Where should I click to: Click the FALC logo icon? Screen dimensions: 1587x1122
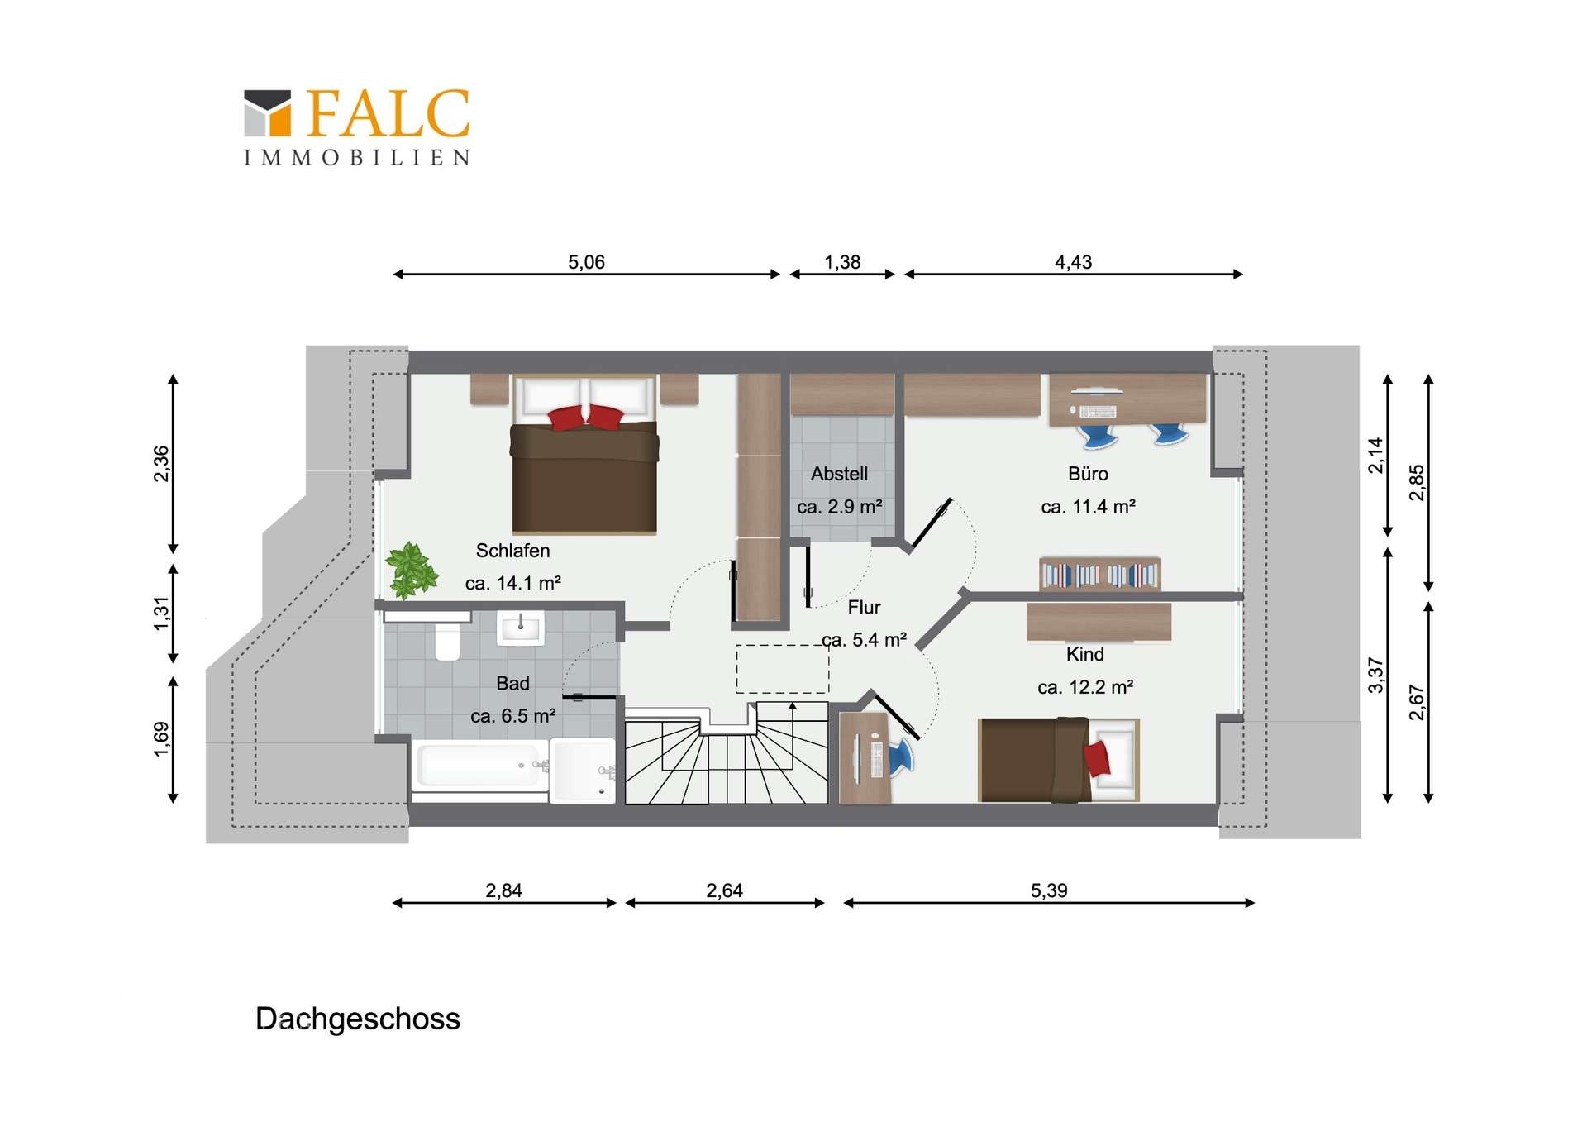coord(268,112)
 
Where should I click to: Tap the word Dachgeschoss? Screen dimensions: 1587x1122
coord(358,1019)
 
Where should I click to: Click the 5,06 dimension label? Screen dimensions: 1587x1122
coord(586,262)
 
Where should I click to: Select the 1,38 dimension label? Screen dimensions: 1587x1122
coord(842,262)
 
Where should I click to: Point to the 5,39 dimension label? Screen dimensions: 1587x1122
coord(1049,890)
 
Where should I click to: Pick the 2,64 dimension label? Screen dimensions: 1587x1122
coord(724,890)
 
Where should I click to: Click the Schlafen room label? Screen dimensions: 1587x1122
coord(512,551)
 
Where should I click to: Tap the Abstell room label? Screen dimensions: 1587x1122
coord(839,474)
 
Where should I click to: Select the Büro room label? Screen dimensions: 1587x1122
coord(1088,474)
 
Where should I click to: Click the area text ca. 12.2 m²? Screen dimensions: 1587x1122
coord(1085,687)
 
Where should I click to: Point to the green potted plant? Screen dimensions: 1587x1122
coord(412,570)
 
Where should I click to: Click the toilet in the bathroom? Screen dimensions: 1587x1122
coord(447,642)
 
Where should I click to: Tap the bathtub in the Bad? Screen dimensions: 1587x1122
coord(479,766)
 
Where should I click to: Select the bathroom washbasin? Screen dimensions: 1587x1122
coord(521,628)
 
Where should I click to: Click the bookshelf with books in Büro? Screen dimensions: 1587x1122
coord(1099,574)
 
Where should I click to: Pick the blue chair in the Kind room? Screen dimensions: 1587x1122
coord(901,757)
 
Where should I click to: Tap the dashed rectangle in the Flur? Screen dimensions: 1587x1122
coord(783,669)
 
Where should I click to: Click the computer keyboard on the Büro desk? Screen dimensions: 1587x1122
coord(1098,412)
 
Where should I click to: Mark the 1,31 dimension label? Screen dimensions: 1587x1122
coord(161,614)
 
